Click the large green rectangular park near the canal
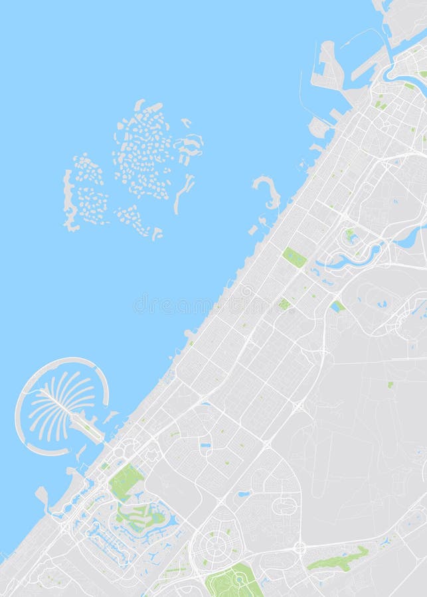click(x=294, y=257)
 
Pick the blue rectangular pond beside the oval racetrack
click(x=338, y=306)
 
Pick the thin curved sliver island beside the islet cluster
click(x=184, y=194)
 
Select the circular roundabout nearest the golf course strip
click(x=300, y=548)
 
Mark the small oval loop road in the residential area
click(x=284, y=506)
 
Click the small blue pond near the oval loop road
click(x=244, y=494)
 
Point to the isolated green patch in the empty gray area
click(x=390, y=385)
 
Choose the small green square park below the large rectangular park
click(x=284, y=304)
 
